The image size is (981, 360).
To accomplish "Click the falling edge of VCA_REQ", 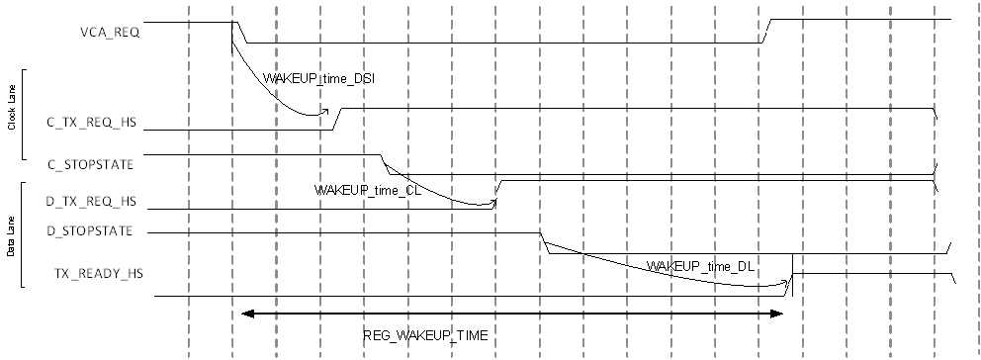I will point(239,32).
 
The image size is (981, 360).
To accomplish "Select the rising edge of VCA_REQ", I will point(766,31).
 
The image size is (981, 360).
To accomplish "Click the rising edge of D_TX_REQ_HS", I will point(497,192).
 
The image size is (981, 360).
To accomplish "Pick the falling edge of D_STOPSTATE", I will point(544,243).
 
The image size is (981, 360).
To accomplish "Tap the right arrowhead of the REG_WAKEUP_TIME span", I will point(777,315).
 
